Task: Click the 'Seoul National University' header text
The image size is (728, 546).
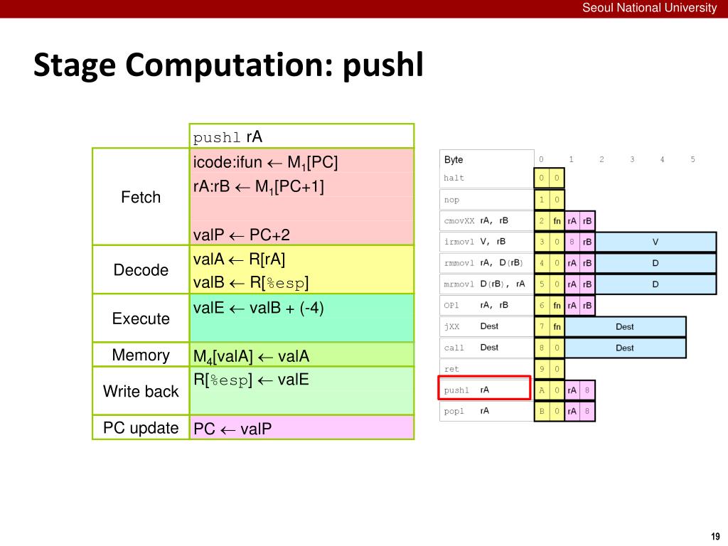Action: point(649,8)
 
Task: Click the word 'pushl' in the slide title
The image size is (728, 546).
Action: point(383,65)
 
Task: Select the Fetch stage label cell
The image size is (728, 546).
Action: point(141,197)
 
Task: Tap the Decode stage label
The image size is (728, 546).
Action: point(141,269)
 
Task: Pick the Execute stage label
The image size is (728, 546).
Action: point(141,318)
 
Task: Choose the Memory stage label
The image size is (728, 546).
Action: point(141,355)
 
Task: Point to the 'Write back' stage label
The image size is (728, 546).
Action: point(141,392)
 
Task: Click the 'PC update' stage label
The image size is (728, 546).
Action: point(141,427)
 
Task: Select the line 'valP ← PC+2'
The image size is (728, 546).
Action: point(242,235)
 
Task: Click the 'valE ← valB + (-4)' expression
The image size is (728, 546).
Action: point(259,308)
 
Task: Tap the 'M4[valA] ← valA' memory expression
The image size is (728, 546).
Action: point(251,356)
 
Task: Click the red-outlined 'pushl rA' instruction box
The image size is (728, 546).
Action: point(484,387)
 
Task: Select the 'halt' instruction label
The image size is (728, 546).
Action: point(454,178)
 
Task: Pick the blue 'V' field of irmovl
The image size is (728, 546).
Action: point(655,242)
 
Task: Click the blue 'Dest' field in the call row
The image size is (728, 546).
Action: point(625,348)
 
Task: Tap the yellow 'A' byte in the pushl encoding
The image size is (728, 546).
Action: point(542,390)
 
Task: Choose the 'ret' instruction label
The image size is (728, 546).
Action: point(451,369)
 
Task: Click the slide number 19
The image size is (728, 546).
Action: point(715,536)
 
